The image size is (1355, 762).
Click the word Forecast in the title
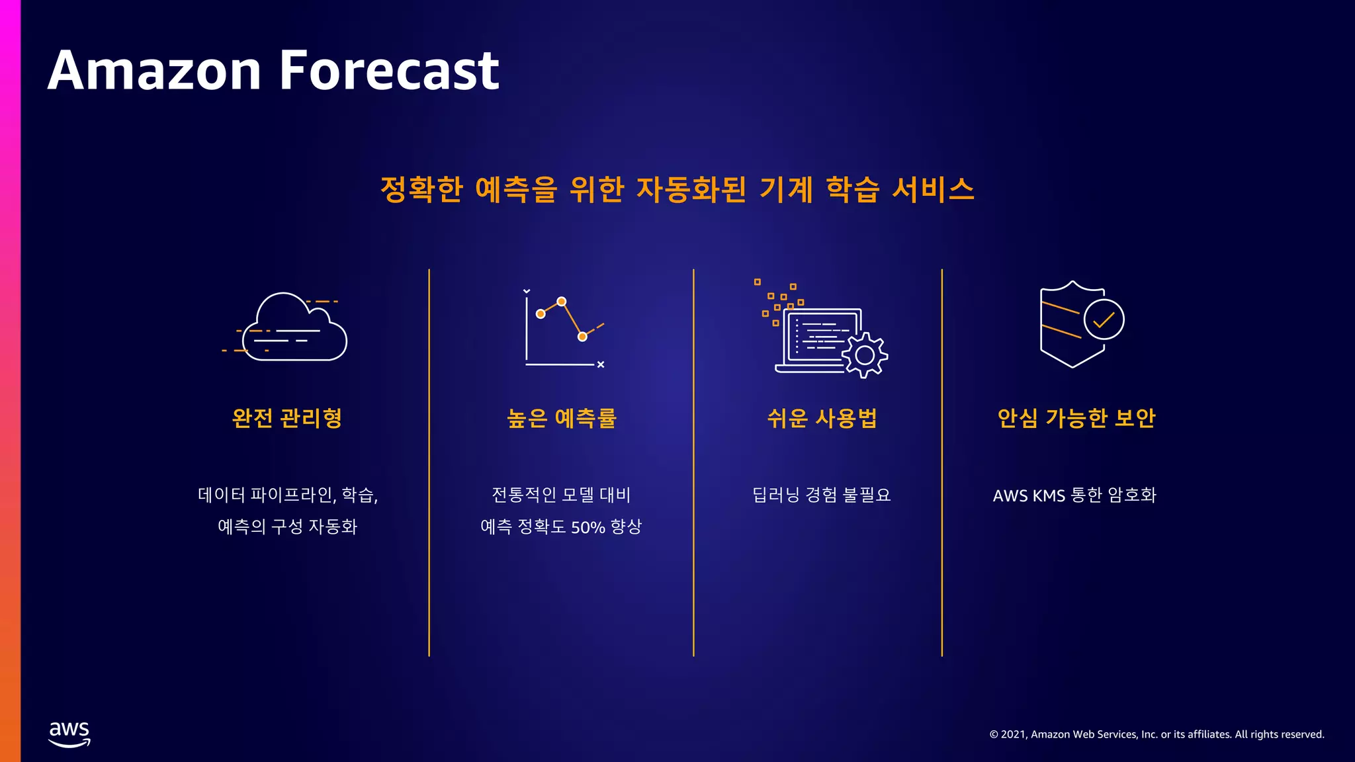(389, 70)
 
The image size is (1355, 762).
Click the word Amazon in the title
(155, 70)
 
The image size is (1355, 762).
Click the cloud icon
(294, 329)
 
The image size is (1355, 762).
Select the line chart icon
(563, 328)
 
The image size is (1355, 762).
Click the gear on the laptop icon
(865, 355)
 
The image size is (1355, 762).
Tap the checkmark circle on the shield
(1104, 320)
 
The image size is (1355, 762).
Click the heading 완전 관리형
(287, 418)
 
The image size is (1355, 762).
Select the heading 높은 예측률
(562, 418)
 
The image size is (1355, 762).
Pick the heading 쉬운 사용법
(822, 418)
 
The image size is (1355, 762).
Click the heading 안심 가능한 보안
(1076, 418)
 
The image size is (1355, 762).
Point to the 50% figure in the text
(588, 527)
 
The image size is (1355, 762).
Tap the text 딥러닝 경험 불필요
(822, 495)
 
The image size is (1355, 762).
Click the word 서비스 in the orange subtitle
(933, 189)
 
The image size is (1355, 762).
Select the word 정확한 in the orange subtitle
(421, 189)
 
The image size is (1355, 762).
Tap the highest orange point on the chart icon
(562, 302)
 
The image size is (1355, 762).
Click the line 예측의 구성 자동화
(287, 527)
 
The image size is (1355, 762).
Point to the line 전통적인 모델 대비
(561, 495)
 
